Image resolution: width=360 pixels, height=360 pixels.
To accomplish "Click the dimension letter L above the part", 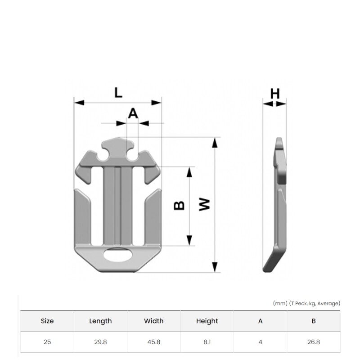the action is [118, 93].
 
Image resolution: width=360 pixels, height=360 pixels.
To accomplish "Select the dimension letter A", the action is [133, 113].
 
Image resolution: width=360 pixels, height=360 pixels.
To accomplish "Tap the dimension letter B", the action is [179, 206].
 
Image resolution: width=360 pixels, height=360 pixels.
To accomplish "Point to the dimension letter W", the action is [204, 204].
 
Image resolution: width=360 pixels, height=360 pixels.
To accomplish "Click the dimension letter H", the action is [275, 94].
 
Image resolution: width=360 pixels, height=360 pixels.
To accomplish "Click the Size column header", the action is [47, 321].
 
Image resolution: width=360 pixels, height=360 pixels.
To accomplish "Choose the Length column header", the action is [100, 321].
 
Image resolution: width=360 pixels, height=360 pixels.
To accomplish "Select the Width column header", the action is [154, 321].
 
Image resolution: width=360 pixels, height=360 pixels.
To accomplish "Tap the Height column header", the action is [207, 321].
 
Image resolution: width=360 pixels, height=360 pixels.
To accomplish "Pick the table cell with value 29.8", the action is [100, 342].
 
